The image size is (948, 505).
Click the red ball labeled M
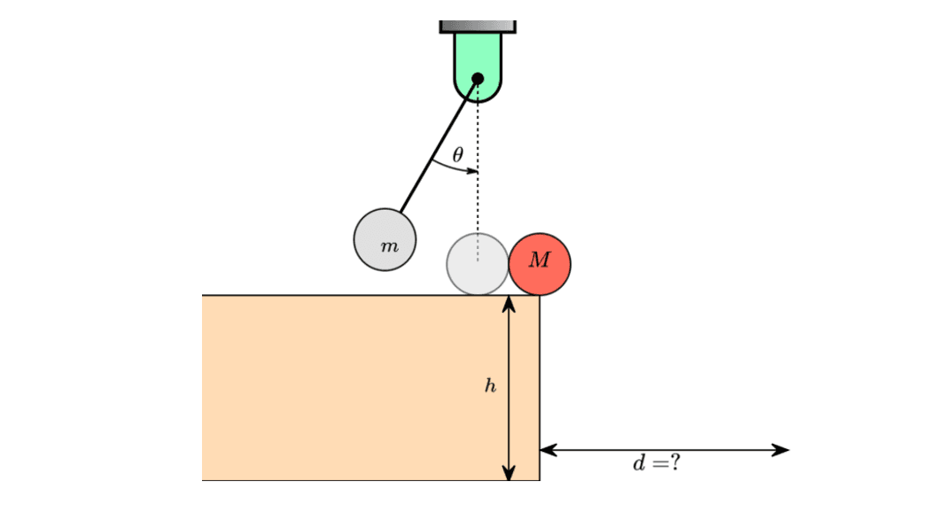coord(540,264)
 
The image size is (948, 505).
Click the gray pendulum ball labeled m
coord(385,239)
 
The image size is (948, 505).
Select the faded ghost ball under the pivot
coord(478,264)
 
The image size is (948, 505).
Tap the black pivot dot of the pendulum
coord(478,79)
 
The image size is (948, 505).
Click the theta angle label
coord(457,155)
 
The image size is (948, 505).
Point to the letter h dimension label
coord(489,386)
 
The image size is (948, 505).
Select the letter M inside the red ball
coord(539,260)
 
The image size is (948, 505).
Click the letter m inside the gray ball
coord(388,245)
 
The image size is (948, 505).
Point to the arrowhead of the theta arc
coord(472,170)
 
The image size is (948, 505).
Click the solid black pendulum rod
coord(439,146)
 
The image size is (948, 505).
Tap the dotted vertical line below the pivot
coord(478,204)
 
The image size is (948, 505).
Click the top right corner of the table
coord(540,295)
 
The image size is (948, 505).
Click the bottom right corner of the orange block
coord(540,480)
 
